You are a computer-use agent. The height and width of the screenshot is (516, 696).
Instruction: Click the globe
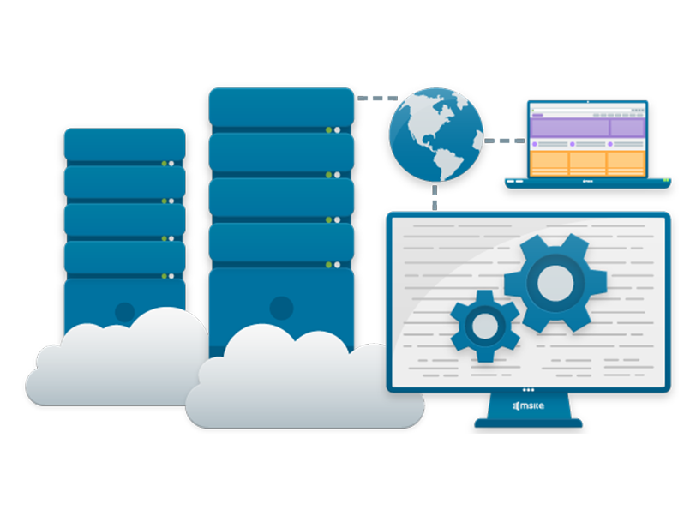coord(435,135)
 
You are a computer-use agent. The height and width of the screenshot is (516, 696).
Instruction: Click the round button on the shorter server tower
coord(125,312)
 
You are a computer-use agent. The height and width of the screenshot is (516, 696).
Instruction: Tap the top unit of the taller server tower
coord(281,107)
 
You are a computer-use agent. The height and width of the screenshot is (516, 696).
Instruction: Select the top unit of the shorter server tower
coord(124,143)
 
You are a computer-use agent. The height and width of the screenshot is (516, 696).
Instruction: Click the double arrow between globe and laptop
coord(505,140)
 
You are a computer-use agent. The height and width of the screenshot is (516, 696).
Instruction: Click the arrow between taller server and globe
coord(376,95)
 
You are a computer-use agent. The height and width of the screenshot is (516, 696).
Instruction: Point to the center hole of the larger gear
coord(555,279)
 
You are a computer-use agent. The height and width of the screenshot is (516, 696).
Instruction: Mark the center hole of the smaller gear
coord(484,324)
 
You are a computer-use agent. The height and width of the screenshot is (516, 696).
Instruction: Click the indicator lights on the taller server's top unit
coord(333,129)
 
